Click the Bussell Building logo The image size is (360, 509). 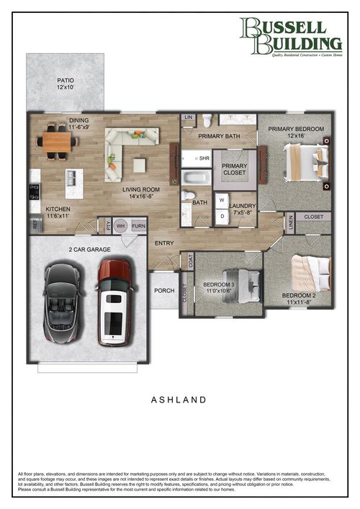tap(292, 36)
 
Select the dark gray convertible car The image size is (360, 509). tap(64, 302)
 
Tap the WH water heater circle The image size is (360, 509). tap(121, 225)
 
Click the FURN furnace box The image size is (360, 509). tap(138, 225)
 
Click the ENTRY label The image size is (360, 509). tap(164, 243)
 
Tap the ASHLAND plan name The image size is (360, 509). tap(179, 399)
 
